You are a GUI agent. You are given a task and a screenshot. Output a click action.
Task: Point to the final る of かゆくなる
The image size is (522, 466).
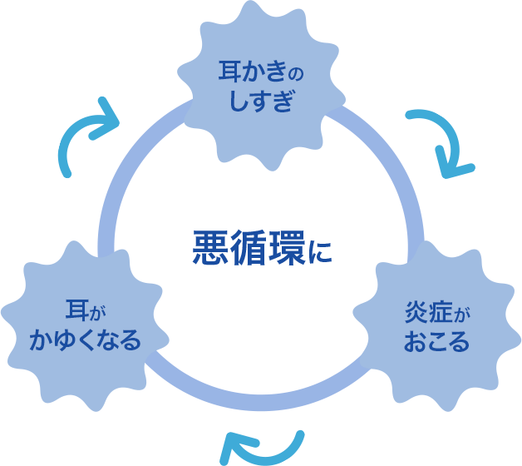(130, 340)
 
